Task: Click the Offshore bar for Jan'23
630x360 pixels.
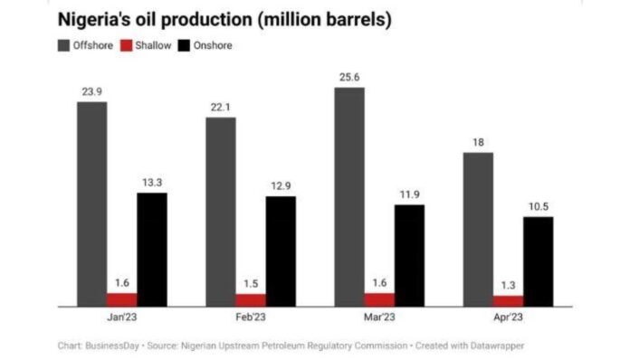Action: tap(91, 204)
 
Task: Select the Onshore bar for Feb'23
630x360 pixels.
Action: tap(281, 251)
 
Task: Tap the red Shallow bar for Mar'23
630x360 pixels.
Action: tap(379, 299)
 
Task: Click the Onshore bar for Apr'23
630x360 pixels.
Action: tap(538, 261)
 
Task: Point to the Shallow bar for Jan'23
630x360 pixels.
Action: tap(121, 299)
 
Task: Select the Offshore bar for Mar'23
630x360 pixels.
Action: tap(349, 196)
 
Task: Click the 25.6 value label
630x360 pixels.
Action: tap(349, 79)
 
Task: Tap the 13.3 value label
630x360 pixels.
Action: tap(152, 184)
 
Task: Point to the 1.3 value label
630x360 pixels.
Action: tap(508, 287)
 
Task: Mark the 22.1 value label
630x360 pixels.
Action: tap(221, 109)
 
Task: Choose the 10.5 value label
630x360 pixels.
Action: tap(538, 207)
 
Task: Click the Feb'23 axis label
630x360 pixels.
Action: tap(251, 317)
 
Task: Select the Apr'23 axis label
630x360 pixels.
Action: tap(508, 317)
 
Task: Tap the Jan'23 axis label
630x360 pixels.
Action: tap(122, 317)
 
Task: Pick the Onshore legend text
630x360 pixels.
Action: tap(213, 45)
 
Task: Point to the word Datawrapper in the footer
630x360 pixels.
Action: tap(498, 346)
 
